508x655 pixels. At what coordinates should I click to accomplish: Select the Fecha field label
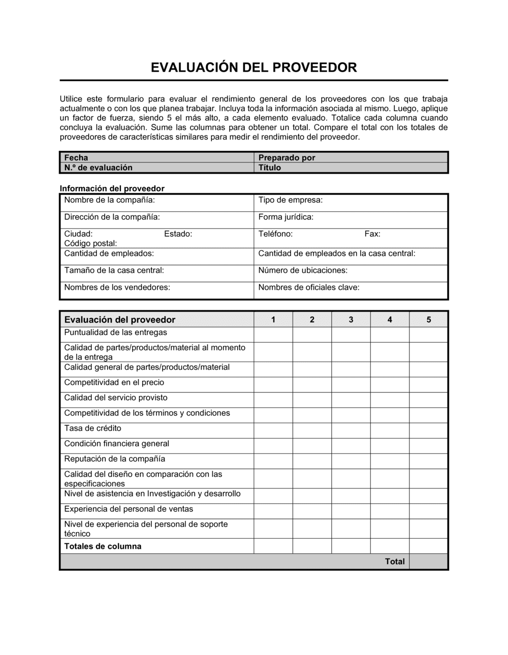click(76, 157)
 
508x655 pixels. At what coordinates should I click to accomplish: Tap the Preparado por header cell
click(287, 157)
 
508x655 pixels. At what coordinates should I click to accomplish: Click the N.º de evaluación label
click(98, 168)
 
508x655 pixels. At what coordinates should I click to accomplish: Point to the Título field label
click(269, 168)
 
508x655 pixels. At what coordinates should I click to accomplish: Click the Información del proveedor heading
click(112, 188)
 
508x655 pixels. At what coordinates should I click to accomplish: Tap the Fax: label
click(372, 234)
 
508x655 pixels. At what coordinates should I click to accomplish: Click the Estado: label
click(178, 234)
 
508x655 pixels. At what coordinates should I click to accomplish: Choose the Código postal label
click(90, 243)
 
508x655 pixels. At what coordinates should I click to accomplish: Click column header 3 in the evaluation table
click(351, 319)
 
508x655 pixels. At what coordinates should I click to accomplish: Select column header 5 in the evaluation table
click(429, 319)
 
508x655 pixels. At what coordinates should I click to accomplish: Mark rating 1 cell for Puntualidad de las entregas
click(273, 334)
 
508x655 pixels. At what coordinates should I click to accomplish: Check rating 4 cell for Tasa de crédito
click(390, 431)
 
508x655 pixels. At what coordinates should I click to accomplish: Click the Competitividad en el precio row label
click(114, 382)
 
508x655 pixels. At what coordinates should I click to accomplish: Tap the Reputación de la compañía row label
click(114, 458)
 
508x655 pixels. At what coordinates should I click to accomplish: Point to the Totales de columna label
click(103, 546)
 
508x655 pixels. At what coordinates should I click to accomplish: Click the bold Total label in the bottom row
click(395, 561)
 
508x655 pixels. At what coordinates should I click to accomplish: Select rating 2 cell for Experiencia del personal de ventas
click(312, 511)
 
